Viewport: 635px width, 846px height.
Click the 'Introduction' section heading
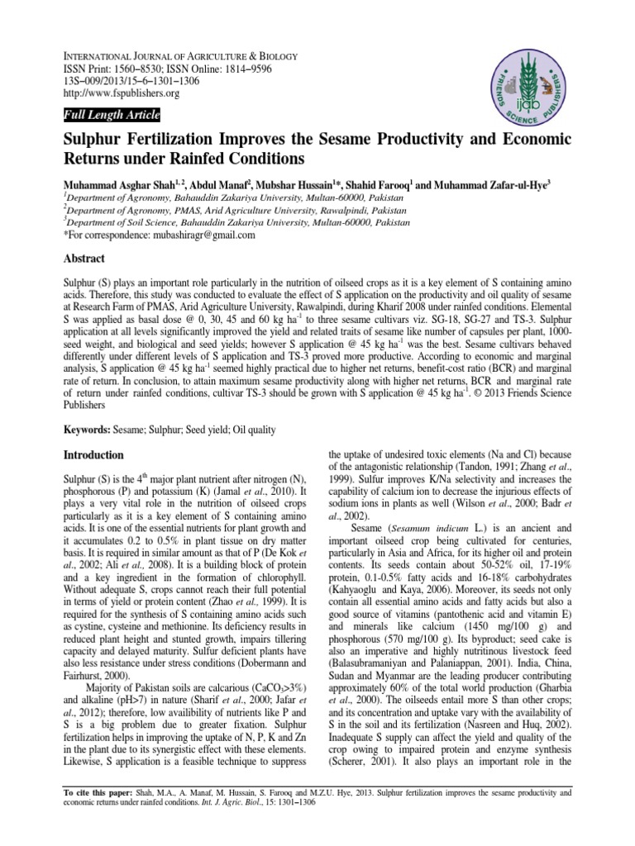pyautogui.click(x=94, y=455)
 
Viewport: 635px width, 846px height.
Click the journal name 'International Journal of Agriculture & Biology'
pyautogui.click(x=182, y=56)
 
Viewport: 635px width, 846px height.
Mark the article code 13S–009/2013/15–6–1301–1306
pyautogui.click(x=141, y=81)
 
